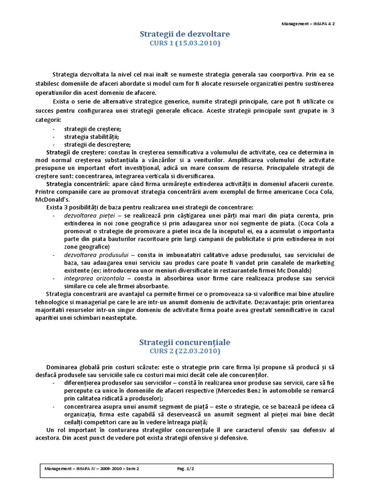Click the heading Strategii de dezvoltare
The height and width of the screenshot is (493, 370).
pyautogui.click(x=185, y=34)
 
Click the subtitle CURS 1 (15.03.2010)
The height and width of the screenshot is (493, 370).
pyautogui.click(x=185, y=43)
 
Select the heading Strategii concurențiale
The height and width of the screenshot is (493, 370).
pyautogui.click(x=185, y=342)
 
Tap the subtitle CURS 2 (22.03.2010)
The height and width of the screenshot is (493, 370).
pyautogui.click(x=185, y=351)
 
